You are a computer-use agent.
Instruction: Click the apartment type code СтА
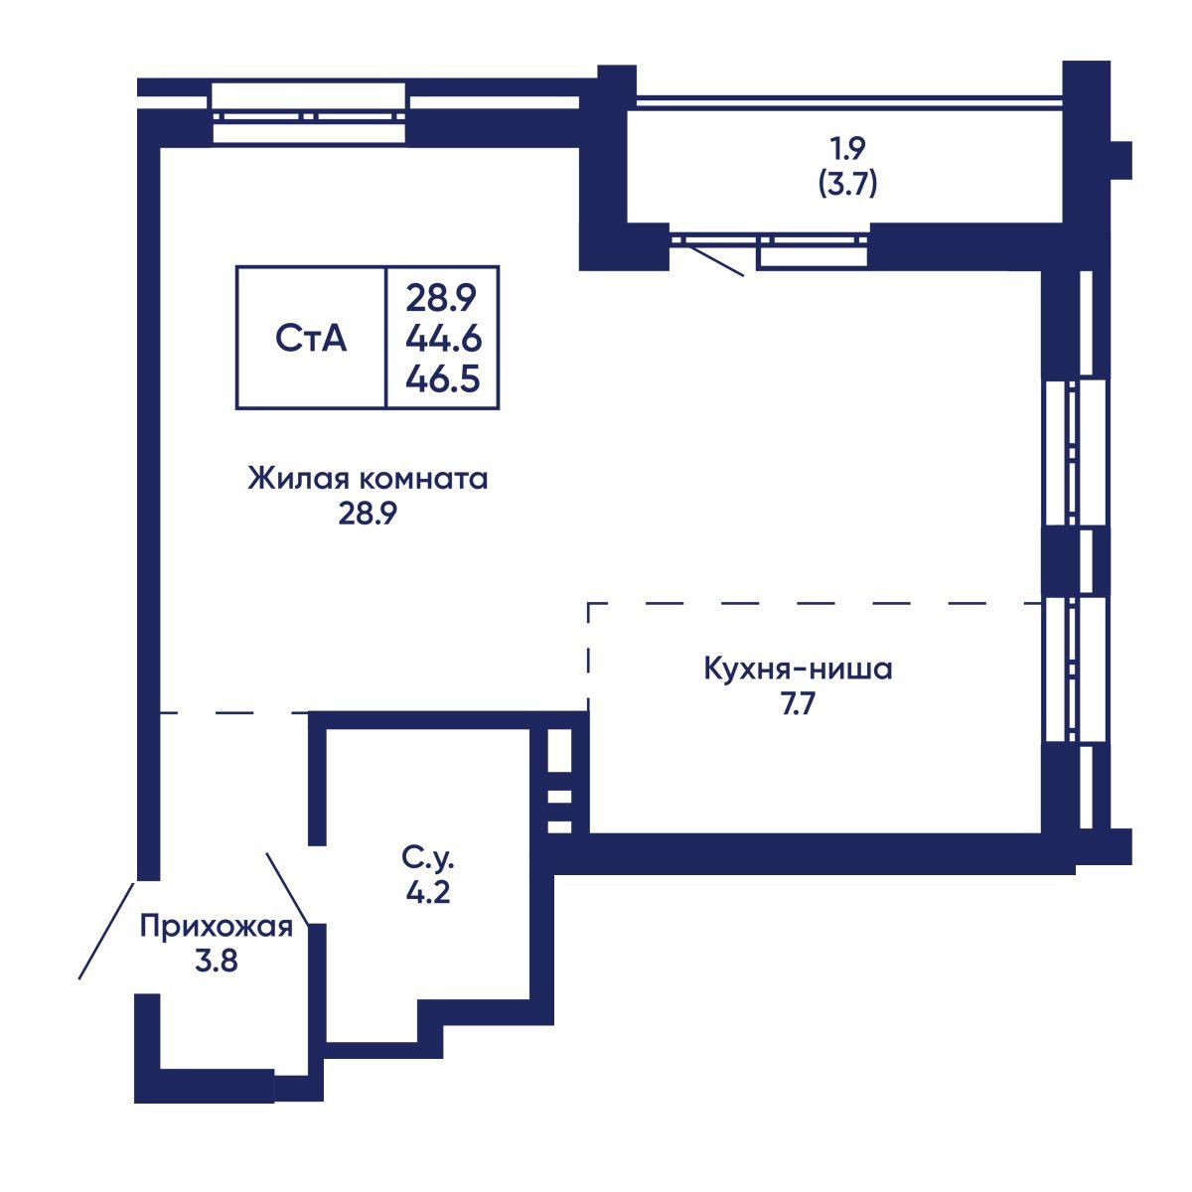coord(311,339)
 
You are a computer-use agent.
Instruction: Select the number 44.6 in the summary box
coord(443,339)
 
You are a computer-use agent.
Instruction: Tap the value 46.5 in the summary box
coord(443,377)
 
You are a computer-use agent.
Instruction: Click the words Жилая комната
coord(368,479)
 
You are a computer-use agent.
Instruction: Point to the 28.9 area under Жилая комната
coord(368,513)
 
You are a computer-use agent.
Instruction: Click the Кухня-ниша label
coord(798,669)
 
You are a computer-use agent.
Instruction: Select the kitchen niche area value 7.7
coord(799,703)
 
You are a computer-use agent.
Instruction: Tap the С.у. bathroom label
coord(427,857)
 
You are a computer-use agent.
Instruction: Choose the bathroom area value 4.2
coord(428,891)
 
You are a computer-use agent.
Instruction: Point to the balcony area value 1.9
coord(847,148)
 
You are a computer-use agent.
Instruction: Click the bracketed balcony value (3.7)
coord(847,184)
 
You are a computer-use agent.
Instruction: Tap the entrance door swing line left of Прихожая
coord(106,931)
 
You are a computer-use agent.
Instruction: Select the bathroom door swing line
coord(288,888)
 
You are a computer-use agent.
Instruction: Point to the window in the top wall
coord(309,114)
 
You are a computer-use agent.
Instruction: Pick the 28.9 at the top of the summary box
coord(441,298)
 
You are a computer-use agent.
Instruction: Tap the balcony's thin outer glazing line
coord(849,97)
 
